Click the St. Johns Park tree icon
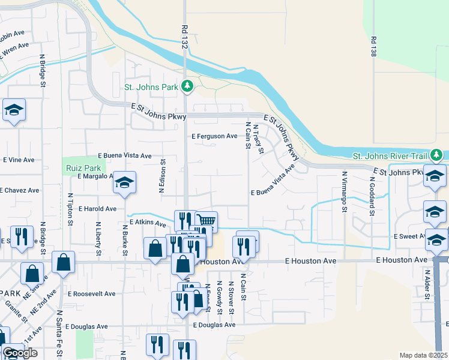(x=187, y=87)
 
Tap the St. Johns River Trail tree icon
(x=436, y=156)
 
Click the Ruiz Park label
(x=83, y=169)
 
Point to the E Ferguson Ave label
(x=215, y=137)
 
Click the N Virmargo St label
(x=345, y=192)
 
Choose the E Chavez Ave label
(x=19, y=190)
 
